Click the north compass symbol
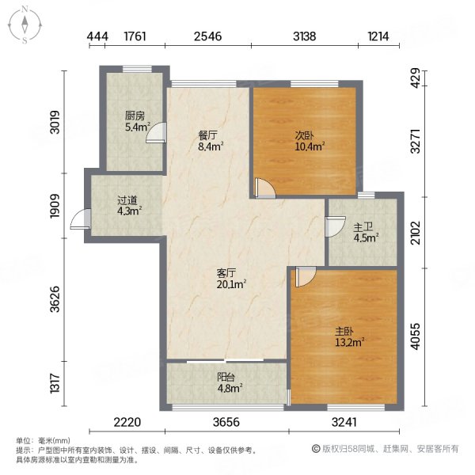coord(25,25)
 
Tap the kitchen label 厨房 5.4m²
coord(134,120)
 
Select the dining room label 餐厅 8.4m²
coord(210,140)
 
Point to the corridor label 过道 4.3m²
coord(128,206)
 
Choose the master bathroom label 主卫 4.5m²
coord(365,230)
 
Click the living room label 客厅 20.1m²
coord(231,279)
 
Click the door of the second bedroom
coord(264,188)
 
